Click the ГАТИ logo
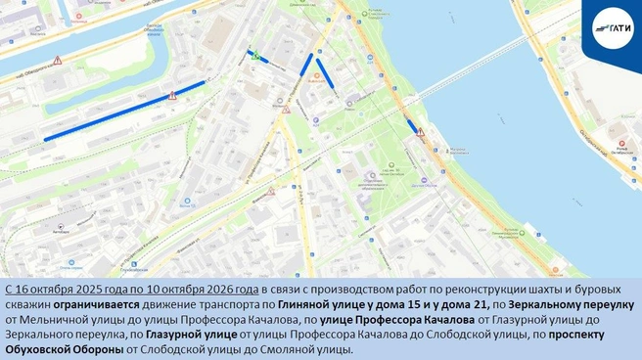click(612, 27)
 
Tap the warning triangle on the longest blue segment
click(172, 95)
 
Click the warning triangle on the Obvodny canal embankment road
click(57, 61)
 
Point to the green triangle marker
click(256, 57)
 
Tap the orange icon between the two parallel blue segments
click(315, 83)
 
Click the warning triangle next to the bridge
click(420, 132)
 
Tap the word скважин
click(25, 305)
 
